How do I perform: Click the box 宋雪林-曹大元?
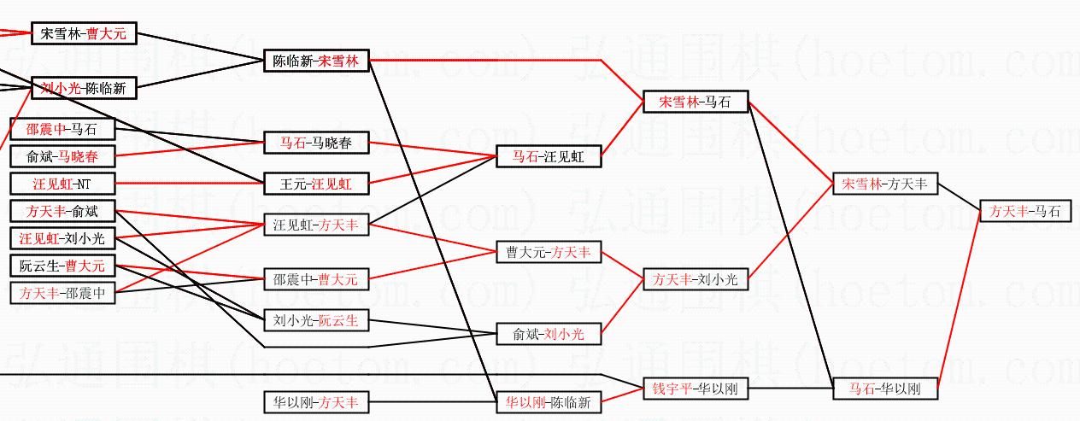pos(83,34)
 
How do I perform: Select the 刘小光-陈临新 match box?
pos(83,87)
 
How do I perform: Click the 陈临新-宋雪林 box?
pos(316,61)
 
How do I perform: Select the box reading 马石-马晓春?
pos(316,143)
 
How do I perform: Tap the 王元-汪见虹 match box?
pos(316,184)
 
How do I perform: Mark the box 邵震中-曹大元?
pos(316,279)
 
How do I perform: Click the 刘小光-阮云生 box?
pos(316,321)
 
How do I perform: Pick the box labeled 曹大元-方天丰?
pos(549,253)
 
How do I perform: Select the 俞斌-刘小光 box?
pos(549,334)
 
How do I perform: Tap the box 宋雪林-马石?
pos(696,102)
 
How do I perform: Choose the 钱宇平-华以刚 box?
pos(696,389)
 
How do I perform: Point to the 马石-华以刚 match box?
pos(885,389)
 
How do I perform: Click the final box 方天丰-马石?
pos(1024,211)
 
